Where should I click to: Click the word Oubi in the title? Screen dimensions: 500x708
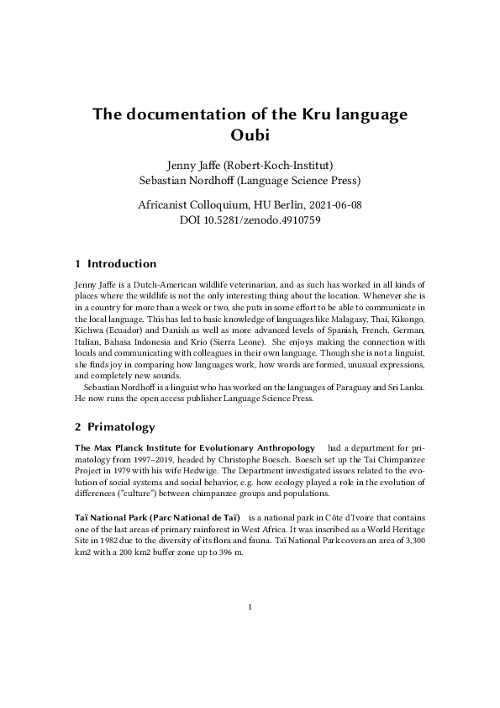[250, 134]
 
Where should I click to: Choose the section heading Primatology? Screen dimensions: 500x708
[121, 427]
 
